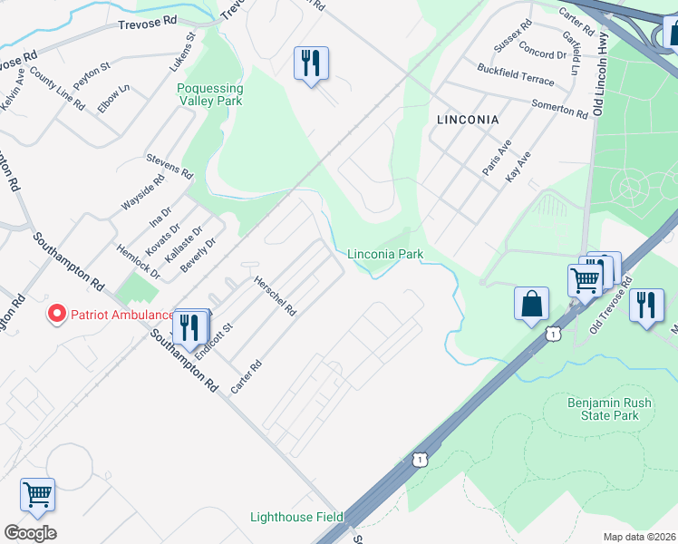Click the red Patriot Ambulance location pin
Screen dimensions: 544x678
pyautogui.click(x=56, y=315)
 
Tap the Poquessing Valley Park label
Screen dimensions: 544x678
pyautogui.click(x=209, y=95)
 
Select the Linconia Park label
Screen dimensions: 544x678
pyautogui.click(x=385, y=255)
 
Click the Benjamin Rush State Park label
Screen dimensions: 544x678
pyautogui.click(x=603, y=409)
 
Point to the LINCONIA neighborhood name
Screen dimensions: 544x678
pyautogui.click(x=467, y=119)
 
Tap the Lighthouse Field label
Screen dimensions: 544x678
pyautogui.click(x=296, y=517)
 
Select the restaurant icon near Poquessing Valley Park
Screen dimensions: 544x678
pyautogui.click(x=311, y=63)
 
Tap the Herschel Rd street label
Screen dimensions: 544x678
pyautogui.click(x=275, y=296)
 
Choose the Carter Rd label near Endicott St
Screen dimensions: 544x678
pyautogui.click(x=246, y=375)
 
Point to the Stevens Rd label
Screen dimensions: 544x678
pyautogui.click(x=169, y=165)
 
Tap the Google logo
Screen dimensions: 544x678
pyautogui.click(x=30, y=533)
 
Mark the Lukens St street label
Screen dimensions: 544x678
pyautogui.click(x=182, y=53)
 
